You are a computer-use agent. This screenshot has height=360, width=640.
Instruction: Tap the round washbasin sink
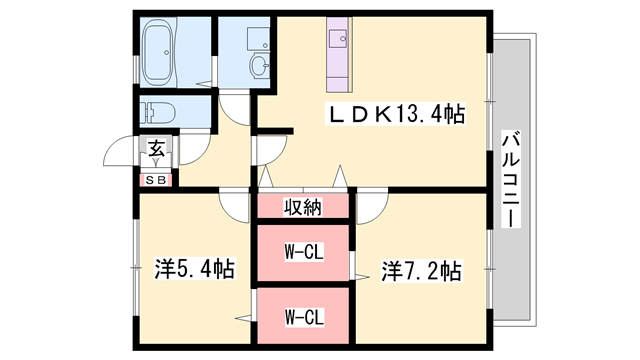coord(259,67)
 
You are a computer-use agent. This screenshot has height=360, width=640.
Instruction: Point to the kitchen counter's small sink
coord(336,39)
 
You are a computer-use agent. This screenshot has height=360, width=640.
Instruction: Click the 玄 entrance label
coord(157,149)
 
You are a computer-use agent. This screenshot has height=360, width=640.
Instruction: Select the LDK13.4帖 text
coord(397,114)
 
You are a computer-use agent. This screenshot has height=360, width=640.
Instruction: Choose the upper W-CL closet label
coord(303,252)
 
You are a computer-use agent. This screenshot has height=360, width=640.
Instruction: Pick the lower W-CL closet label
coord(303,318)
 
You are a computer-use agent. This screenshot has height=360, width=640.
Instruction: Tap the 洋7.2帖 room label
coord(421,269)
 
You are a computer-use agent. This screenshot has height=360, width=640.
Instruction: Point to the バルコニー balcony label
coord(510,180)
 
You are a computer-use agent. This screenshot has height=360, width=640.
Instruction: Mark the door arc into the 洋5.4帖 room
coord(235,206)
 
